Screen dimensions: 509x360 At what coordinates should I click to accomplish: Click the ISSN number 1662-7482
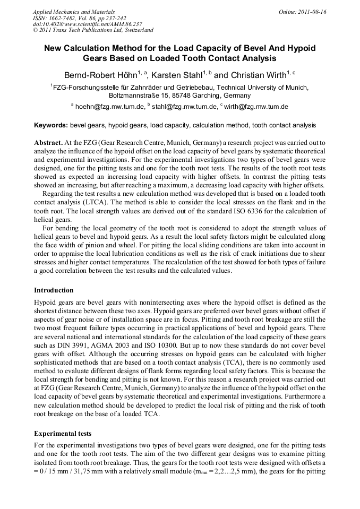pyautogui.click(x=65, y=18)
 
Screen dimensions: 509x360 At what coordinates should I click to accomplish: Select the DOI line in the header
pyautogui.click(x=88, y=24)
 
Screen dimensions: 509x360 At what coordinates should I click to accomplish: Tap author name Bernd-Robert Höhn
pyautogui.click(x=99, y=75)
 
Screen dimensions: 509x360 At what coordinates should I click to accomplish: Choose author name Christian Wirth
pyautogui.click(x=257, y=75)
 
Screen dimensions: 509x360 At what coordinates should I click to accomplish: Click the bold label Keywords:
pyautogui.click(x=50, y=125)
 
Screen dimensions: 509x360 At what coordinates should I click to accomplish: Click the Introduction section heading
pyautogui.click(x=54, y=290)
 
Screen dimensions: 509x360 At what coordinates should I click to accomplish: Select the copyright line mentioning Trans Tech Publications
pyautogui.click(x=93, y=30)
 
